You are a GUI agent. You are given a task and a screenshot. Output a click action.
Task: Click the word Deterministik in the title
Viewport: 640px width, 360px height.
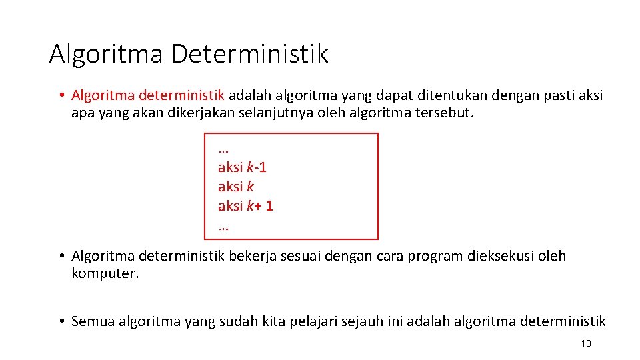click(250, 53)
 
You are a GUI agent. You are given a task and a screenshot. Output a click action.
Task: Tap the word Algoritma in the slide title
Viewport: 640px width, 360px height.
click(106, 53)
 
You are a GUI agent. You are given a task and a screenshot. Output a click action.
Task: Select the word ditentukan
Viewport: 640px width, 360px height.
click(428, 95)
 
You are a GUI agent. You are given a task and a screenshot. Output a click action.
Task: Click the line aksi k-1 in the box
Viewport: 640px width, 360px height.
click(242, 167)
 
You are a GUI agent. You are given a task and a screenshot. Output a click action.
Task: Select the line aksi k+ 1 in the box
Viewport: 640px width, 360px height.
click(245, 206)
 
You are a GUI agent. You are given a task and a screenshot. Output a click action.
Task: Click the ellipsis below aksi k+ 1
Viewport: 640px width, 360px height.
click(223, 227)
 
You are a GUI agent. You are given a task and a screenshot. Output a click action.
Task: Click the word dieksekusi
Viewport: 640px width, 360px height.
click(506, 256)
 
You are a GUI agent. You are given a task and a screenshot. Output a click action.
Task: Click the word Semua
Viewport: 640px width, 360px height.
click(93, 321)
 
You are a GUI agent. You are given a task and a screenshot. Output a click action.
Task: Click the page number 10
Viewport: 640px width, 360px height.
click(586, 343)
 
